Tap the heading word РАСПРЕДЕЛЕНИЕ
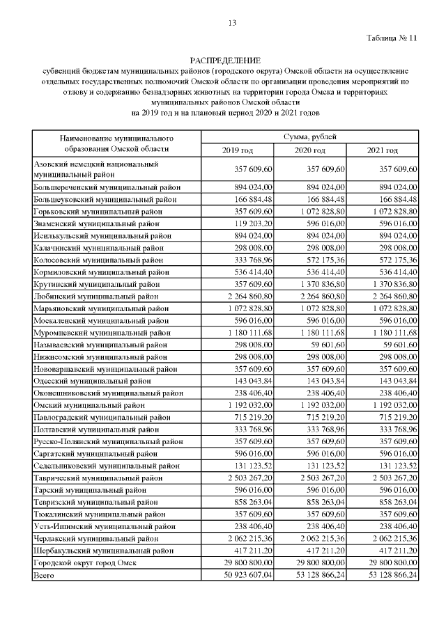224,61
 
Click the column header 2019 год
238,150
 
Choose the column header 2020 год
310,150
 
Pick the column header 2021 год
383,150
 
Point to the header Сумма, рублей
309,136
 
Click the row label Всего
43,574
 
